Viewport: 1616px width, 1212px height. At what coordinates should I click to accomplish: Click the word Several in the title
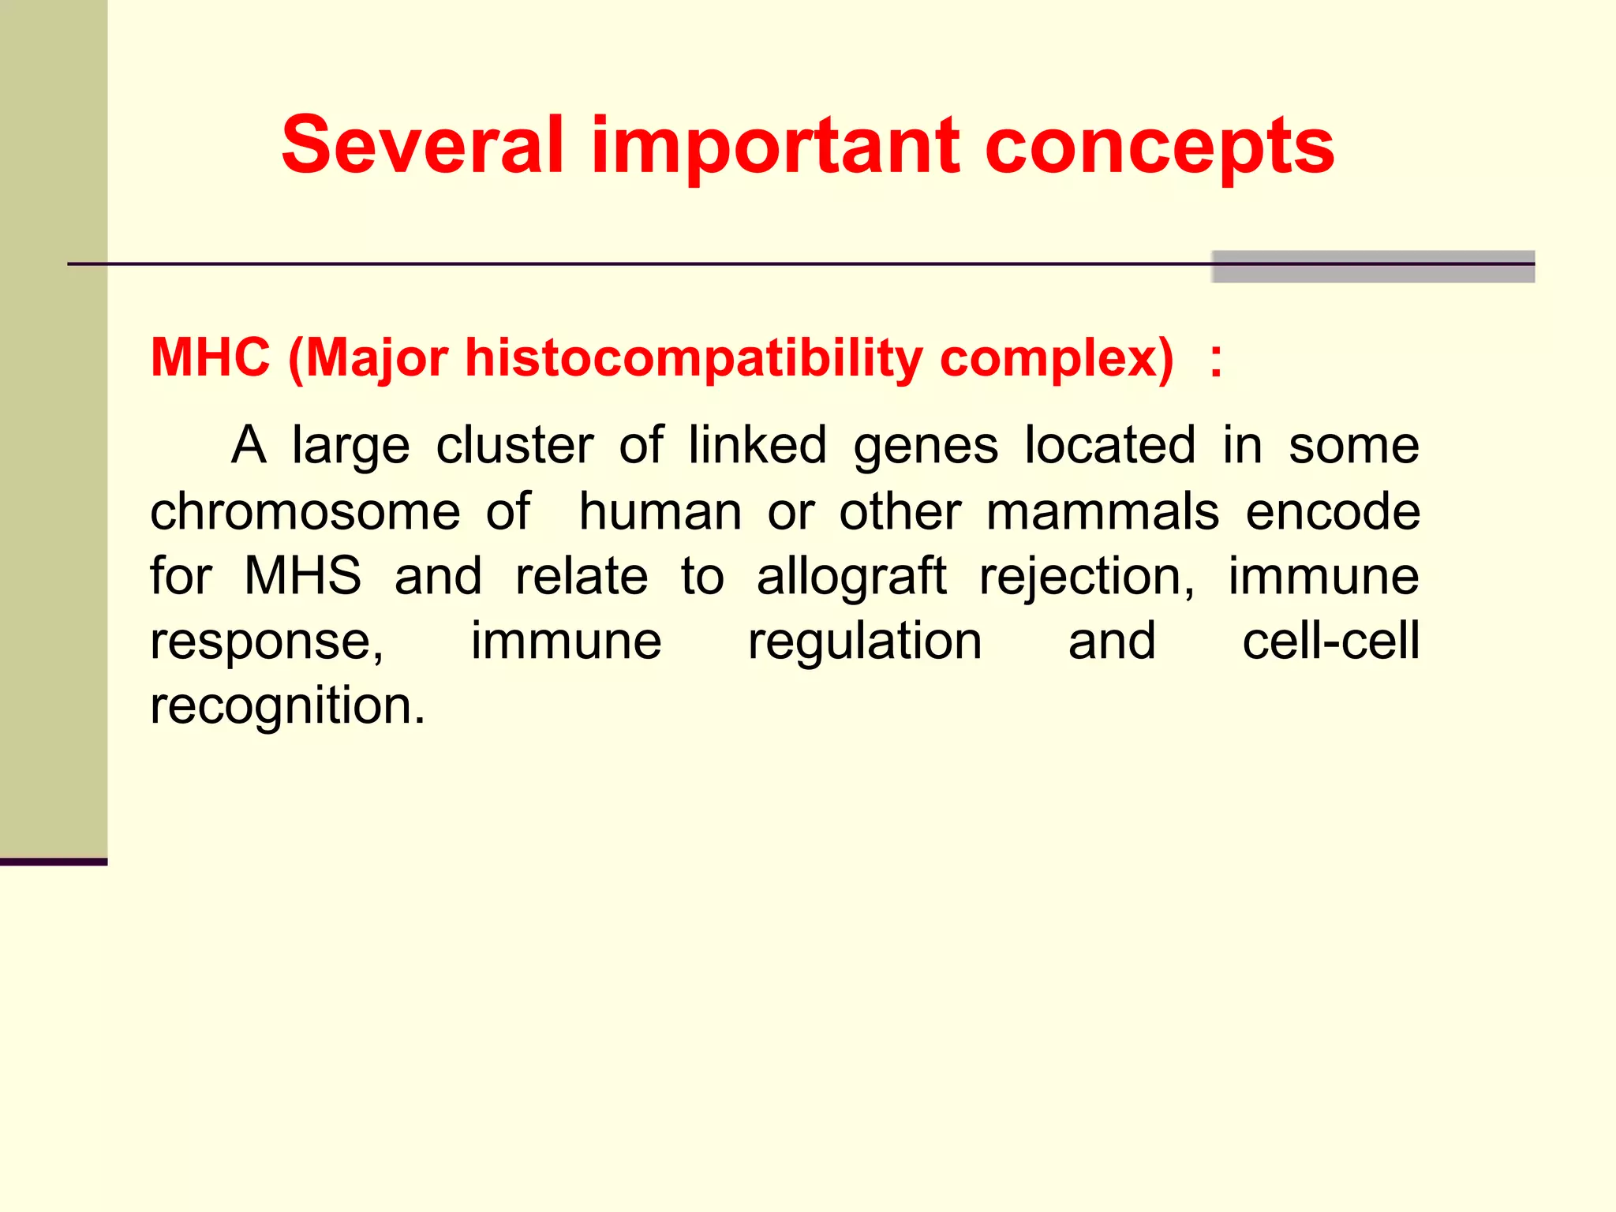(x=422, y=145)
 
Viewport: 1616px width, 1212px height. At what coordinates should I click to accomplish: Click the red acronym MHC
(x=210, y=357)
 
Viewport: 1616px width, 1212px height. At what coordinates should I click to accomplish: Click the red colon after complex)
(x=1216, y=361)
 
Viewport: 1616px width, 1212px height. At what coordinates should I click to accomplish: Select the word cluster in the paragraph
(x=514, y=446)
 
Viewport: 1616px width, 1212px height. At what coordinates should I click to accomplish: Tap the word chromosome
(x=305, y=512)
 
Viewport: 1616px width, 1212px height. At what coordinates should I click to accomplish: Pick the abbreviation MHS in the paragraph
(x=302, y=576)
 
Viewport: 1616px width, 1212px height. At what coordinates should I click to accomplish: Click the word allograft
(x=851, y=576)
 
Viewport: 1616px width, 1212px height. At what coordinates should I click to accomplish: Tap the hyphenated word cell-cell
(x=1330, y=641)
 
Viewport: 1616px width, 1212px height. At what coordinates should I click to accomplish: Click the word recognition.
(x=287, y=707)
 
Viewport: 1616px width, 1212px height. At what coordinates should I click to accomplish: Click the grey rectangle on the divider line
(x=1372, y=267)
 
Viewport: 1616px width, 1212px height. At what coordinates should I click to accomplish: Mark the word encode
(x=1333, y=512)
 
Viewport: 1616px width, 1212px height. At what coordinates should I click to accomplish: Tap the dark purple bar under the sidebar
(x=53, y=862)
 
